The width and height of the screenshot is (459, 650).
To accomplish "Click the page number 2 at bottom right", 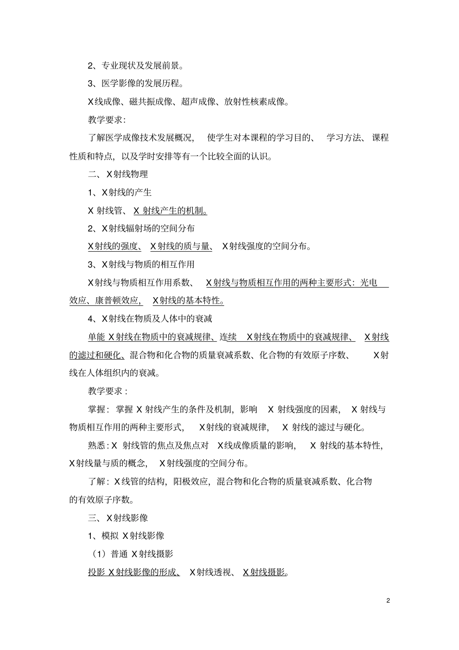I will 388,601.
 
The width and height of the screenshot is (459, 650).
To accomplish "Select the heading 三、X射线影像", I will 118,518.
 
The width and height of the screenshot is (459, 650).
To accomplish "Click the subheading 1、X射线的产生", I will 120,192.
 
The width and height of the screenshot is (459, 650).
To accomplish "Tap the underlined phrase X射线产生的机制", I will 170,211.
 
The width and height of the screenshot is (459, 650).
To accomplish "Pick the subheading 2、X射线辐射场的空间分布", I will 141,228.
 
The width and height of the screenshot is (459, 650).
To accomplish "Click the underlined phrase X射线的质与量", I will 181,246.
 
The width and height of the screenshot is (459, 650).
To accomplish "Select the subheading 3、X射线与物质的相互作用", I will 141,264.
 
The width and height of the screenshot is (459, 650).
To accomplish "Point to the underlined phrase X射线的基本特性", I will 188,301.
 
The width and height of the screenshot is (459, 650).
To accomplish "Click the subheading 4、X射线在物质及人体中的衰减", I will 150,318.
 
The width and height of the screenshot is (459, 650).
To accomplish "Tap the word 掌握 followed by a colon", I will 97,409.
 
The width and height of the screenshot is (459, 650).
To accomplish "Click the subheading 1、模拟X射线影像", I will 126,535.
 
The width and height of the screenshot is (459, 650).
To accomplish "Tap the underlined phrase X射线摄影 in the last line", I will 265,573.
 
